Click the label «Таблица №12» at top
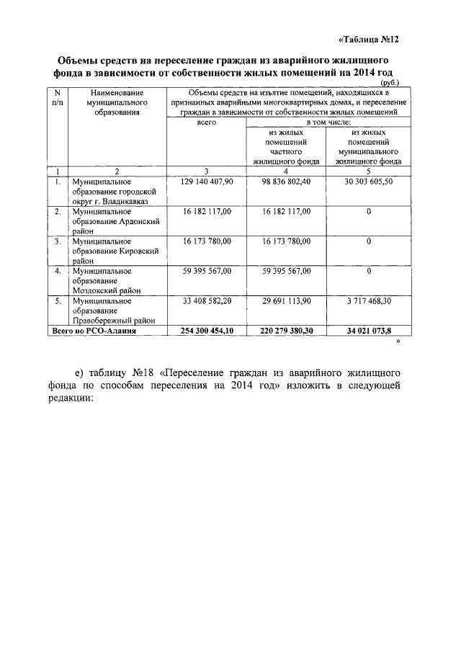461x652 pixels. (x=368, y=40)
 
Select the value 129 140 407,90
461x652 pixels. (x=206, y=182)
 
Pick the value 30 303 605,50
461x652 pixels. (x=368, y=182)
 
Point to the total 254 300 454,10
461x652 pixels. (x=206, y=330)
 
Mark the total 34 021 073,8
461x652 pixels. (x=368, y=330)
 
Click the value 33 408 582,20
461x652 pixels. (x=206, y=300)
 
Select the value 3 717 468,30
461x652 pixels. (x=368, y=300)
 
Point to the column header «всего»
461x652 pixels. (x=206, y=123)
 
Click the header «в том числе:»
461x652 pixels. (x=328, y=123)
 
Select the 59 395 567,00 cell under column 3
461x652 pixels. (x=206, y=271)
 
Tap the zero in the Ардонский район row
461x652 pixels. (x=368, y=212)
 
